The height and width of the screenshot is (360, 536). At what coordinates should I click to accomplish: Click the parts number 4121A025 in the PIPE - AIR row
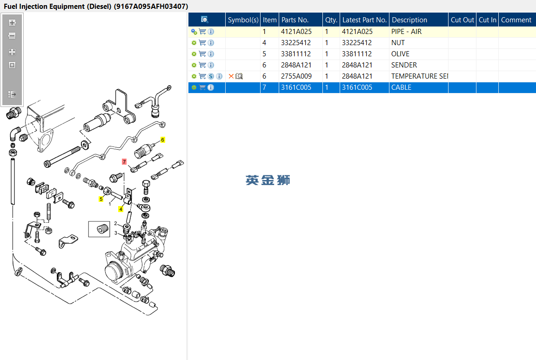pyautogui.click(x=296, y=32)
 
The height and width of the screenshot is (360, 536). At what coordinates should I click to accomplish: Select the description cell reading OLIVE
pyautogui.click(x=400, y=54)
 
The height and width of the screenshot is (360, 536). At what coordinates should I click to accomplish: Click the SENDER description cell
pyautogui.click(x=404, y=65)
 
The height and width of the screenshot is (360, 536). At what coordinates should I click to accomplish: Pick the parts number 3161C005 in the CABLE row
pyautogui.click(x=296, y=87)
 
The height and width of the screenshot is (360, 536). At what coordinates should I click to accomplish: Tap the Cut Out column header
pyautogui.click(x=462, y=20)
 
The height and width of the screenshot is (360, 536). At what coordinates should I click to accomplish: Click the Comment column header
pyautogui.click(x=516, y=20)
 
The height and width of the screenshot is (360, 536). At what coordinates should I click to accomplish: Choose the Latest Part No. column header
pyautogui.click(x=364, y=20)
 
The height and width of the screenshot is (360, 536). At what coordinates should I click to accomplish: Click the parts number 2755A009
pyautogui.click(x=296, y=76)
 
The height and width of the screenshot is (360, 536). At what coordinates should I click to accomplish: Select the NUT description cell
pyautogui.click(x=398, y=43)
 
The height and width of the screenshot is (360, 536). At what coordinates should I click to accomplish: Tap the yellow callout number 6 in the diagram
pyautogui.click(x=163, y=140)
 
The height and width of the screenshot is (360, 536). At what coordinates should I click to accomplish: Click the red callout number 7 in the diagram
pyautogui.click(x=124, y=161)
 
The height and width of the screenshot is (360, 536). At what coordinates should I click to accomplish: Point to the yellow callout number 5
pyautogui.click(x=101, y=199)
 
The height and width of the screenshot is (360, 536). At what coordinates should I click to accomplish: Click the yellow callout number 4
pyautogui.click(x=121, y=209)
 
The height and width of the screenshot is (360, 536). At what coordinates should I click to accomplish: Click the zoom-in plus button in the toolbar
pyautogui.click(x=13, y=22)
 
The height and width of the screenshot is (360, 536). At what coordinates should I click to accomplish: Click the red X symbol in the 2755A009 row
pyautogui.click(x=231, y=76)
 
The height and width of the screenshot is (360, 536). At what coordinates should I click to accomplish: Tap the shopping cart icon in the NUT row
pyautogui.click(x=202, y=43)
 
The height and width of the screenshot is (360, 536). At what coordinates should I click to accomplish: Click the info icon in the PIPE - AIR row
pyautogui.click(x=211, y=32)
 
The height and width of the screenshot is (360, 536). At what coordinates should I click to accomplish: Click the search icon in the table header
pyautogui.click(x=205, y=20)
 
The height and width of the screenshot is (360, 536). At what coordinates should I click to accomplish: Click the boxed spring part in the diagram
pyautogui.click(x=99, y=229)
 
